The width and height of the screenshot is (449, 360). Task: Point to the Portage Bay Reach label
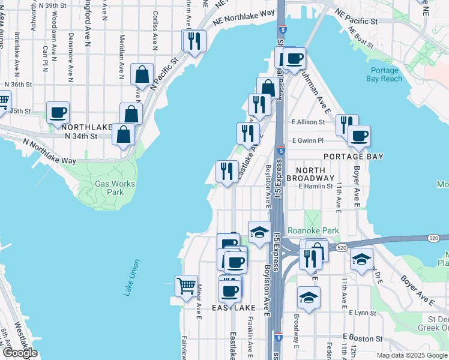tap(384, 74)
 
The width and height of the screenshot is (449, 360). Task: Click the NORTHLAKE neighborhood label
tap(86, 127)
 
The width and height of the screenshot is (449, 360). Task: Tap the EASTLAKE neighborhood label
tap(234, 307)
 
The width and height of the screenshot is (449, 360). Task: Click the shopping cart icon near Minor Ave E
tap(187, 284)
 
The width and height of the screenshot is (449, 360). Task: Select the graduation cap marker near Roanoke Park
tap(259, 232)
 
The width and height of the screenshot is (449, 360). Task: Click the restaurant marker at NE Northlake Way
tap(194, 40)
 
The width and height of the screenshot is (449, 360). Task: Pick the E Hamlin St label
tap(316, 187)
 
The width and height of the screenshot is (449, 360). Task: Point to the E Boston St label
tap(362, 338)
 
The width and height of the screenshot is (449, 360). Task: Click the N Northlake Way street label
tap(50, 152)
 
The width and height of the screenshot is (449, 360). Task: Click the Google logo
tap(20, 352)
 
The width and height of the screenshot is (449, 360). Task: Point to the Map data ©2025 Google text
tap(411, 355)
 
